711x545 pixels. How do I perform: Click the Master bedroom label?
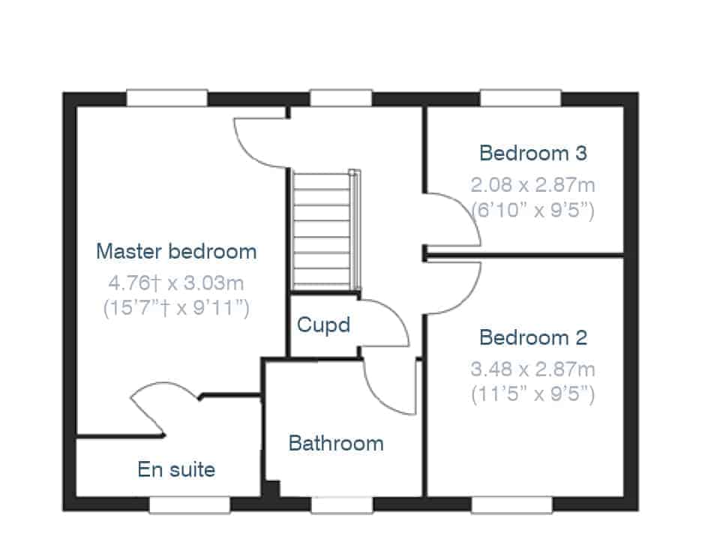tap(176, 251)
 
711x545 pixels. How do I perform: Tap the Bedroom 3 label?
tap(533, 153)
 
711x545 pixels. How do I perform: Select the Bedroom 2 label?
tap(533, 337)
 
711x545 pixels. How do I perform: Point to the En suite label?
tap(176, 469)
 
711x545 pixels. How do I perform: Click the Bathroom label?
tap(336, 443)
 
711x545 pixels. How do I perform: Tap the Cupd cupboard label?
tap(324, 325)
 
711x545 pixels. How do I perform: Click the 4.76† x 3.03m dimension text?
tap(176, 283)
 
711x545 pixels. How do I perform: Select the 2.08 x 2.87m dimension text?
tap(532, 185)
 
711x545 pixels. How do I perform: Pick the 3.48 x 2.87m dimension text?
tap(532, 369)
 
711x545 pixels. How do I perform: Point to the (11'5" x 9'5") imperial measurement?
tap(532, 394)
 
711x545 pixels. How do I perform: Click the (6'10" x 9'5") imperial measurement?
tap(532, 210)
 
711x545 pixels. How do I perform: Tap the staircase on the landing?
tap(326, 230)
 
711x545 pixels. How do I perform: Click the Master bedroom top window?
tap(166, 98)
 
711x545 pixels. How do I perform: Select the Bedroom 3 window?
tap(520, 98)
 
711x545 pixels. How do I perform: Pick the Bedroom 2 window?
tap(512, 505)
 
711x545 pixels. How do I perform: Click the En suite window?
tap(190, 505)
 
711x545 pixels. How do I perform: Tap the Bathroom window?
tap(342, 505)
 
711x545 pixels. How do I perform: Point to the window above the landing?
tap(341, 98)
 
